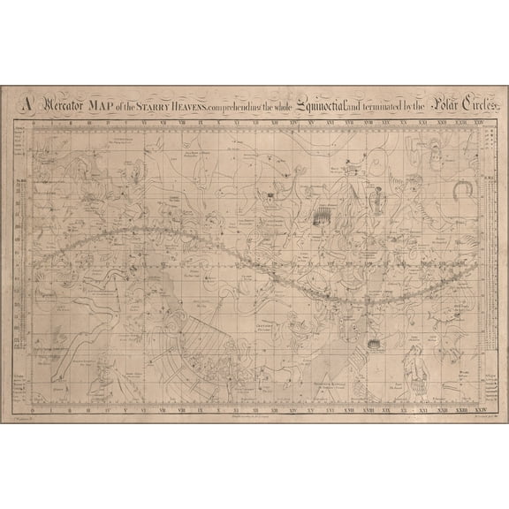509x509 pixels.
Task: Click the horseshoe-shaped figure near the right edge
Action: pyautogui.click(x=460, y=188)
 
